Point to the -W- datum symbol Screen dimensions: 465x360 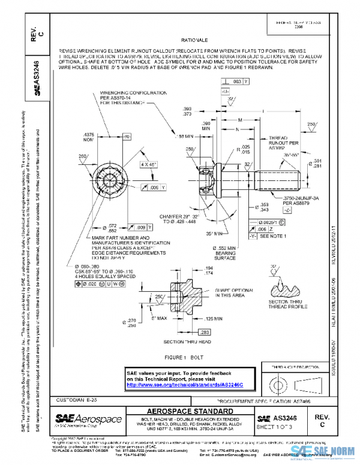point(127,137)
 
